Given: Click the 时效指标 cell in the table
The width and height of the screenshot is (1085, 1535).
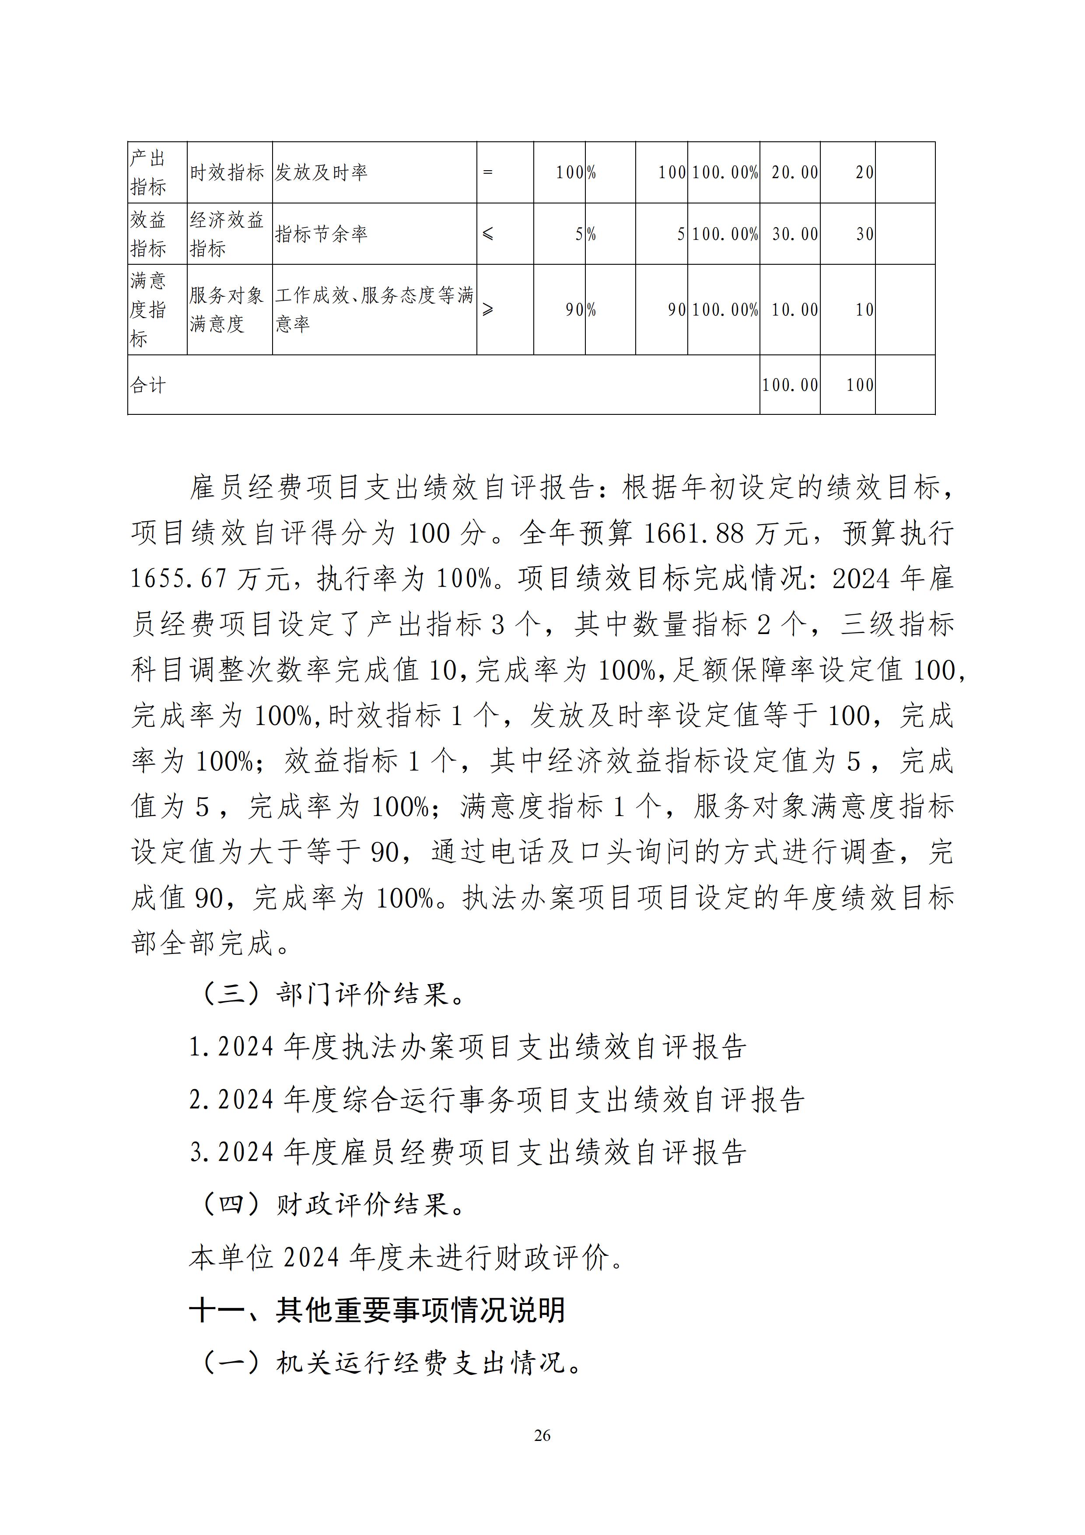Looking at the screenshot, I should (227, 172).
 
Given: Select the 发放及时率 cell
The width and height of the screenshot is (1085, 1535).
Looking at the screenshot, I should (321, 172).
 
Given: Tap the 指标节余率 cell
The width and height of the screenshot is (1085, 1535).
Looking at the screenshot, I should (321, 234).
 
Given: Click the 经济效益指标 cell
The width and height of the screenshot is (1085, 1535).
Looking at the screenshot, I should (227, 234).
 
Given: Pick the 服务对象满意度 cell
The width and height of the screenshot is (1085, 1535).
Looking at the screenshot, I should (227, 309).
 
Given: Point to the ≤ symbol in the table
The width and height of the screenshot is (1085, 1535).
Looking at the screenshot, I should (488, 234).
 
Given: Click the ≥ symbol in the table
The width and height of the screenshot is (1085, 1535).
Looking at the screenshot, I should (488, 309).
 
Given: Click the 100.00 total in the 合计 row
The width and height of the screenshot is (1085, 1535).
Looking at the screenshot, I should (790, 385).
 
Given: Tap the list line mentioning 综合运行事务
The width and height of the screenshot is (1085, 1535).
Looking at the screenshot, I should (497, 1100).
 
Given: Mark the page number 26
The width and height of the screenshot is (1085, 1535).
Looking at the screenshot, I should (542, 1435).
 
